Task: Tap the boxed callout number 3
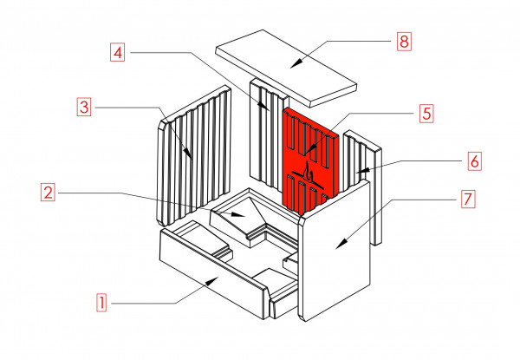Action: point(83,108)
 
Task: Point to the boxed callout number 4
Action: point(119,51)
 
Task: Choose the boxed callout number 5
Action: point(426,113)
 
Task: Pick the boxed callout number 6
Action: point(473,160)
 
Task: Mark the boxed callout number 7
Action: point(467,199)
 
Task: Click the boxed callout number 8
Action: point(403,42)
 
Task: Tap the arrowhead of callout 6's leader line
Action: point(365,171)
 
